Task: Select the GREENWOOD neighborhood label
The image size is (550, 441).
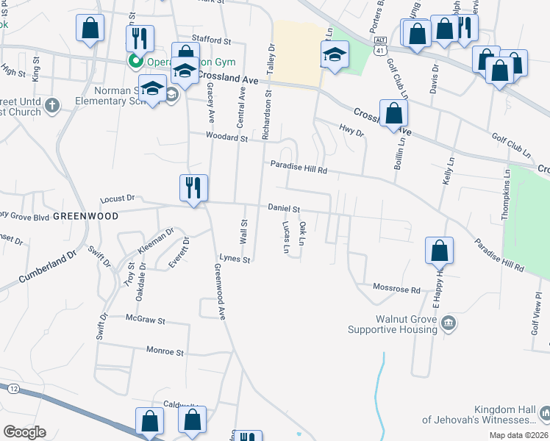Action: pos(85,217)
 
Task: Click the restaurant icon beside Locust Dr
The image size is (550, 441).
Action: pos(194,188)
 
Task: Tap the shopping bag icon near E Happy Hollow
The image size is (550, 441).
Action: pos(439,251)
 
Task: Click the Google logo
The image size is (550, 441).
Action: pos(24,432)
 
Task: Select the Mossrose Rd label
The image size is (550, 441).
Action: pos(396,288)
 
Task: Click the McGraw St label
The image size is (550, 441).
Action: pos(146,321)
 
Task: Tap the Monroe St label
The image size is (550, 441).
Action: pos(164,352)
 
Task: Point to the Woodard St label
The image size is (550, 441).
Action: pos(227,137)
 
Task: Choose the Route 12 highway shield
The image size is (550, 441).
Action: pos(13,388)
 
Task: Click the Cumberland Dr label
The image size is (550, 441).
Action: pos(47,268)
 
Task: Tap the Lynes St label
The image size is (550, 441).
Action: pos(236,259)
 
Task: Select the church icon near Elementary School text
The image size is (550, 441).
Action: pos(51,105)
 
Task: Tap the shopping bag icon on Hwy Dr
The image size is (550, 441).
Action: pos(394,114)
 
